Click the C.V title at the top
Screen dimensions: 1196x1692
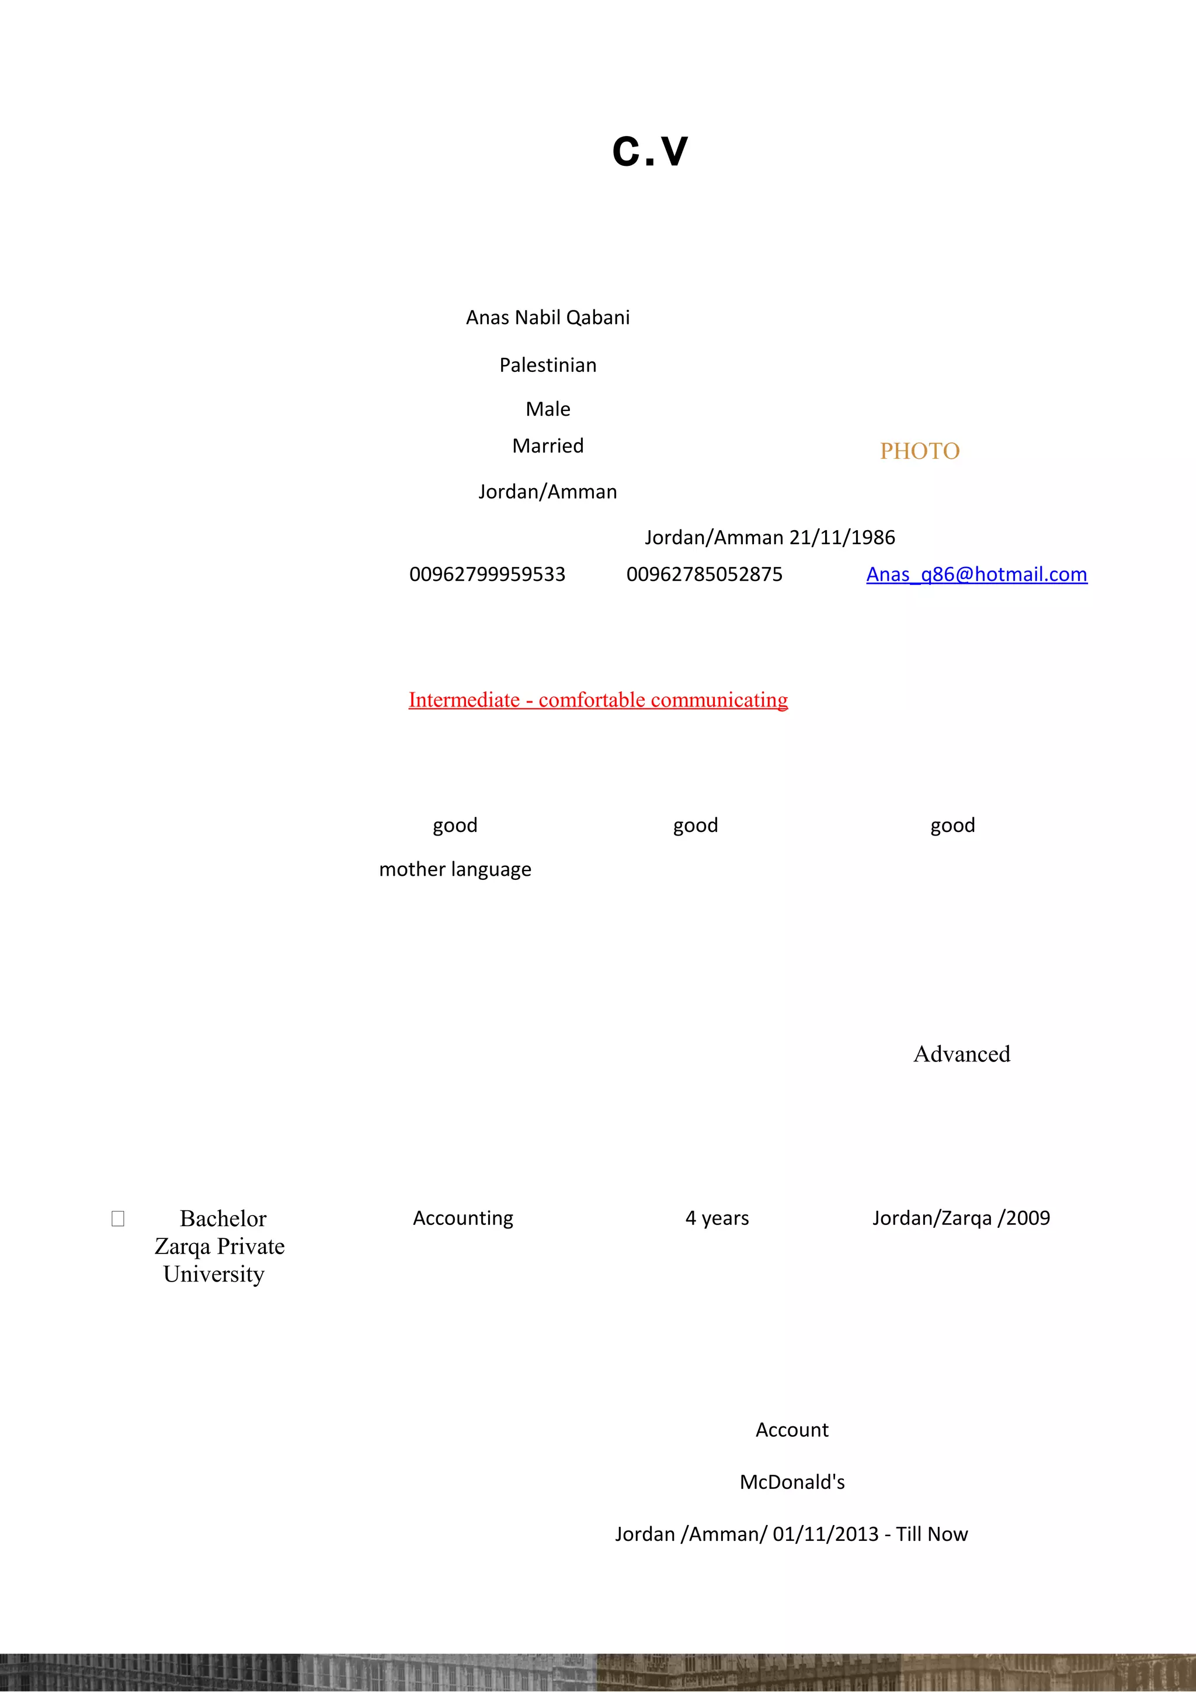coord(650,152)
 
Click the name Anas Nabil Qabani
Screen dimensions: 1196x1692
coord(548,318)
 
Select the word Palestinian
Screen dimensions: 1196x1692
coord(548,365)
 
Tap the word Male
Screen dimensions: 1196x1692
coord(548,409)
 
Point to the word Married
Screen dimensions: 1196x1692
coord(548,446)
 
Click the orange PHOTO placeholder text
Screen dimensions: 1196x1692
coord(920,451)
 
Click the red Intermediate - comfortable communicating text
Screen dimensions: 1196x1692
coord(597,700)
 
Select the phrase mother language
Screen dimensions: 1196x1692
coord(455,869)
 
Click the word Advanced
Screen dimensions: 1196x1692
coord(962,1054)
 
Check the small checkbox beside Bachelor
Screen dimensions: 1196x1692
coord(118,1219)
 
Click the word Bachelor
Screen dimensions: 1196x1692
coord(222,1219)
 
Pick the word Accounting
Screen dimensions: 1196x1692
coord(463,1218)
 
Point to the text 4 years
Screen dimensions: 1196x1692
coord(717,1218)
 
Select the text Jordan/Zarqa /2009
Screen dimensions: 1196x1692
coord(961,1218)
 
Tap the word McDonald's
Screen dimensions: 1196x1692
coord(792,1482)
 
